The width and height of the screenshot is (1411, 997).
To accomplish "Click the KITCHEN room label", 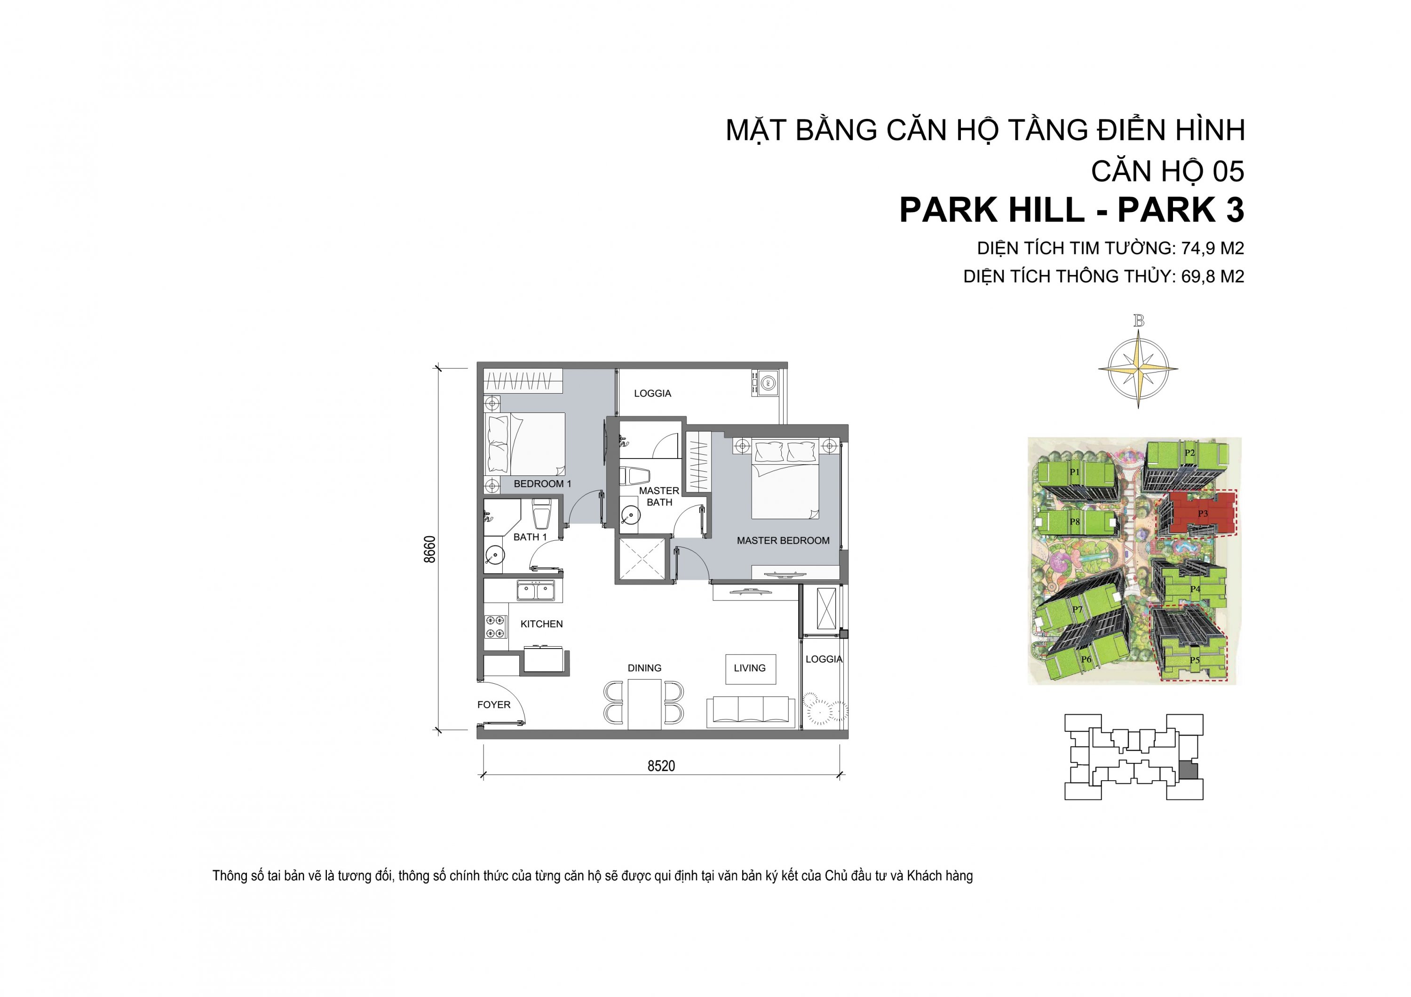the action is coord(541,624).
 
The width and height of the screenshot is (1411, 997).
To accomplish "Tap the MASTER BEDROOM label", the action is coord(783,540).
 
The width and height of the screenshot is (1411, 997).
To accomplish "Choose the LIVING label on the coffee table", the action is coord(750,668).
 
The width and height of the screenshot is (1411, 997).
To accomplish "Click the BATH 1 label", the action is coord(530,537).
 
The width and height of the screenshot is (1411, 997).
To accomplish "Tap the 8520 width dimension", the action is coord(661,766).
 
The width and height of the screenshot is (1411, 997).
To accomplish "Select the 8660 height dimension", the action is coord(430,549).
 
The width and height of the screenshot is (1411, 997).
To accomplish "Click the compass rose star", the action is coord(1138,369).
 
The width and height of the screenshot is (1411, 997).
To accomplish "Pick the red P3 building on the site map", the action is coord(1197,512).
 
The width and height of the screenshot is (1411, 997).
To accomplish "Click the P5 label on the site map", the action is coord(1194,661).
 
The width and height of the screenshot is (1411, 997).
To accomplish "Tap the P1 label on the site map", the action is coord(1074,472).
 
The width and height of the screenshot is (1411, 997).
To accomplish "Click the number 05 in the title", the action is coord(1229,171).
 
